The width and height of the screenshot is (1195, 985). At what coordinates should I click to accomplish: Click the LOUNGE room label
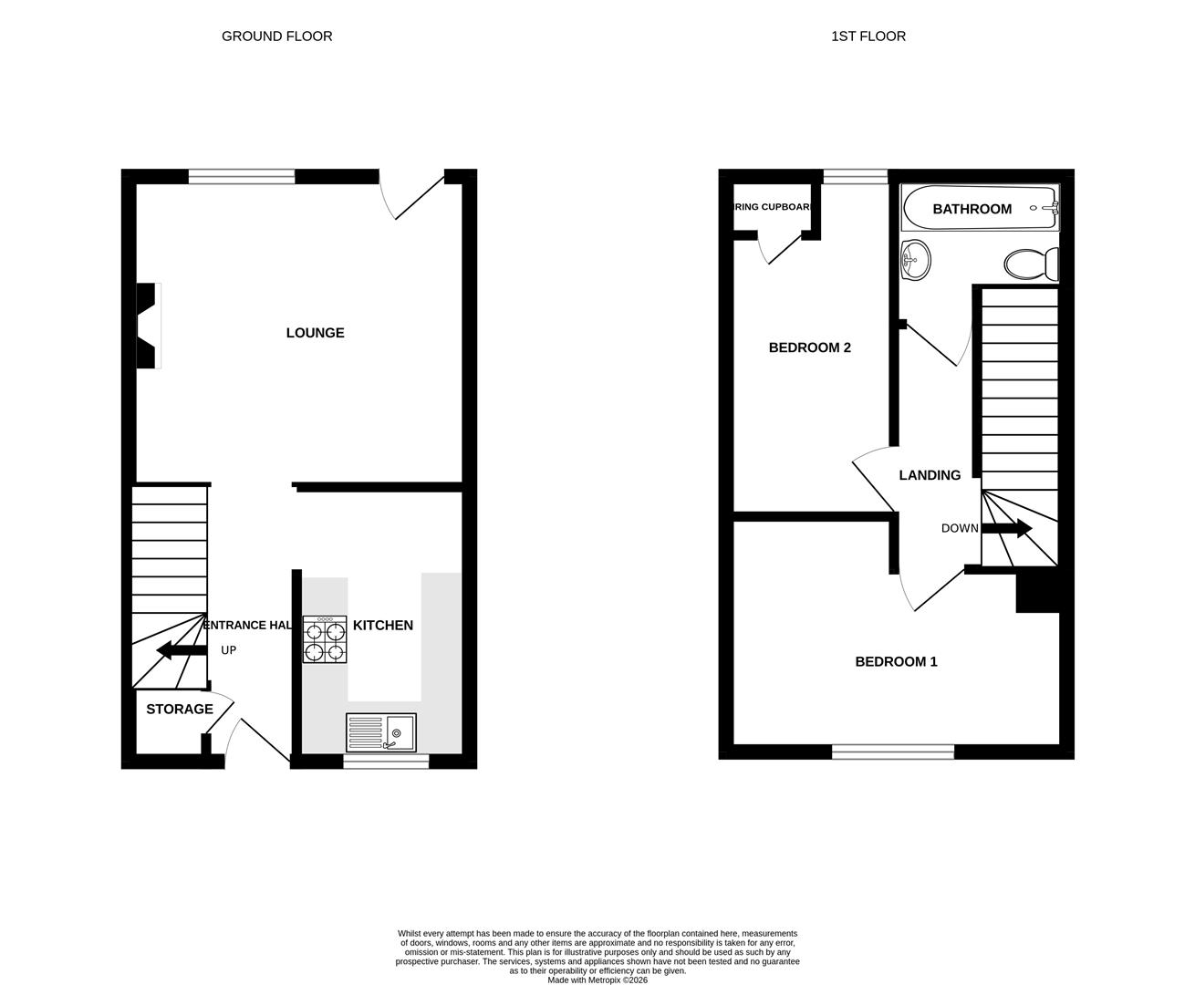click(x=315, y=333)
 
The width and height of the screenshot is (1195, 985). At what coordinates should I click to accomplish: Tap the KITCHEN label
click(x=383, y=626)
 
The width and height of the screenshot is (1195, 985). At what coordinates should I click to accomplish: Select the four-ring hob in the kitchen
click(x=326, y=640)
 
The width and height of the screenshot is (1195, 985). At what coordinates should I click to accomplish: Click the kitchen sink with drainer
click(x=381, y=732)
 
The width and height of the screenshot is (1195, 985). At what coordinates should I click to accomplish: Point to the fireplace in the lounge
click(x=148, y=326)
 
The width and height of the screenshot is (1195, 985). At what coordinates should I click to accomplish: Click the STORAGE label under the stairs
click(x=180, y=710)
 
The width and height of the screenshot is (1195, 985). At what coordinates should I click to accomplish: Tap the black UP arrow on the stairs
click(x=181, y=650)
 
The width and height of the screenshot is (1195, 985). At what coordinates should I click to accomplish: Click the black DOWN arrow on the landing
click(x=1007, y=528)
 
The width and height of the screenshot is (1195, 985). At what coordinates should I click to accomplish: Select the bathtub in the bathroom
click(x=980, y=209)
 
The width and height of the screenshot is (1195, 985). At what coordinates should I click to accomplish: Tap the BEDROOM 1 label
click(x=896, y=662)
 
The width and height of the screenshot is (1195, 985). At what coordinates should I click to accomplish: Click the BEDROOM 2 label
click(x=810, y=347)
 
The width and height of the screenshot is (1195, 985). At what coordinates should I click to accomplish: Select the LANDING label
click(x=930, y=475)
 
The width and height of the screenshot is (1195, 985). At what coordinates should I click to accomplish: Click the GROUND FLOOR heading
click(x=277, y=36)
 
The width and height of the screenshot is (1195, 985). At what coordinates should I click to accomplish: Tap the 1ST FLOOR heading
click(x=868, y=36)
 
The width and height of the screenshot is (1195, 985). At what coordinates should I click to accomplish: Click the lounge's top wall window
click(x=242, y=177)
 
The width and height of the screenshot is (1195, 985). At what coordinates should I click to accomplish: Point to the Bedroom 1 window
click(x=893, y=752)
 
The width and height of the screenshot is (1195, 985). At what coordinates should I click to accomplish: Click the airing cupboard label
click(x=773, y=207)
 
